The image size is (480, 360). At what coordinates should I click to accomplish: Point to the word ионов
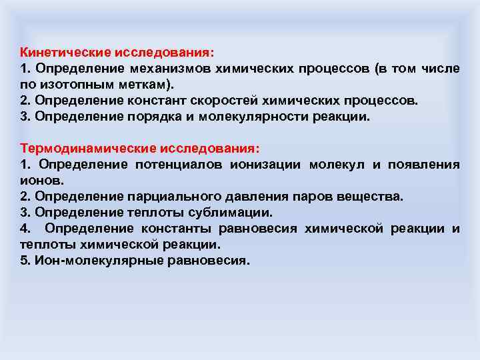[41, 181]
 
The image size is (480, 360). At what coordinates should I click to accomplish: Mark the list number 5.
[24, 261]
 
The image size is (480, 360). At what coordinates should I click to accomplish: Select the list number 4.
[25, 229]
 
